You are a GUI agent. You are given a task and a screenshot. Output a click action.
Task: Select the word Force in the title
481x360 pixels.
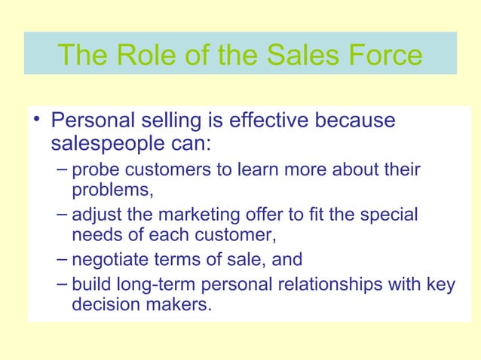point(384,54)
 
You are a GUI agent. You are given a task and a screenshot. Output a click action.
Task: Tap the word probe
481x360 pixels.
point(96,171)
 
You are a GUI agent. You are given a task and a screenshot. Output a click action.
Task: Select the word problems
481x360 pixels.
point(110,191)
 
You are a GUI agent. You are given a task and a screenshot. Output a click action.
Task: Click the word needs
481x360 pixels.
point(94,235)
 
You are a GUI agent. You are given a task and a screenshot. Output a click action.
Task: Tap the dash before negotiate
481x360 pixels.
point(63,258)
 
